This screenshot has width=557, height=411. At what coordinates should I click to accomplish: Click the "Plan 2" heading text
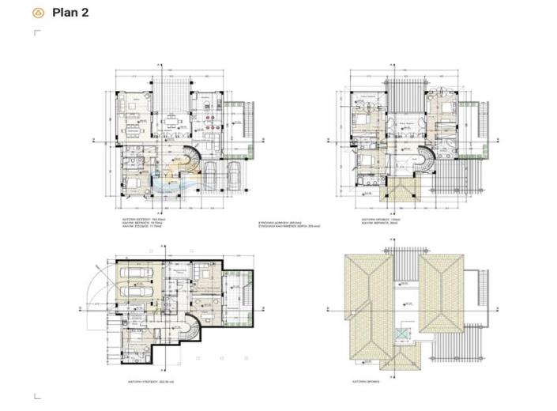click(x=70, y=13)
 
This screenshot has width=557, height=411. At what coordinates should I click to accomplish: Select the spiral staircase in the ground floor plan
click(x=192, y=161)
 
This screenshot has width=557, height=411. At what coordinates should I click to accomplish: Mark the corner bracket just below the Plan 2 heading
click(x=37, y=33)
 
